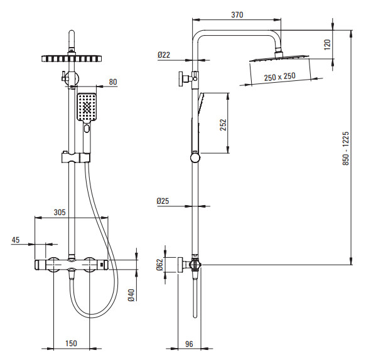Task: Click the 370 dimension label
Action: pos(237,14)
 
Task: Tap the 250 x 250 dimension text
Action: pos(279,77)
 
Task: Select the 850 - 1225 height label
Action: pos(346,149)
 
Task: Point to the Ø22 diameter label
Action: pos(164,55)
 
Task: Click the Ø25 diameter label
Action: pos(163,201)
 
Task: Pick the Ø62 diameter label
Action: pos(159,265)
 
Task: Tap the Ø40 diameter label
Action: pos(131,295)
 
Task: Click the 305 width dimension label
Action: pos(60,212)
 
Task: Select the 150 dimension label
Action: pos(71,343)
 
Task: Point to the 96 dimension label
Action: pos(189,344)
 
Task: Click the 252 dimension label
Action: pos(223,125)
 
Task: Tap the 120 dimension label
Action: pos(328,45)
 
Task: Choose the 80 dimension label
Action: pos(113,82)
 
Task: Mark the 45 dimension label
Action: pos(16,240)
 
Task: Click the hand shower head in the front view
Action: pos(87,107)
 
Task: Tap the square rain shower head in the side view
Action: pos(279,58)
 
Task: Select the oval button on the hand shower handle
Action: pos(87,129)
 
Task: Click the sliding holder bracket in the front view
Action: pos(75,158)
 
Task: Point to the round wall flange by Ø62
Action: pos(180,265)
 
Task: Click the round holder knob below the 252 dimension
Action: pos(195,158)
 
